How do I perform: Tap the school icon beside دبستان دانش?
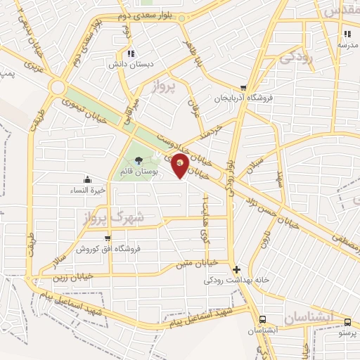click(x=130, y=54)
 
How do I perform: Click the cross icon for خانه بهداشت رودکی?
click(x=236, y=269)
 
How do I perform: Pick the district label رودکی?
click(x=295, y=59)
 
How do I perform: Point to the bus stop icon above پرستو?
click(x=347, y=321)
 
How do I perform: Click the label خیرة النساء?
click(x=105, y=190)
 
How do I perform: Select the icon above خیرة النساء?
click(x=106, y=179)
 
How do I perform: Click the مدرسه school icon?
click(x=347, y=34)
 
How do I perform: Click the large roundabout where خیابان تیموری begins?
click(x=58, y=87)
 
